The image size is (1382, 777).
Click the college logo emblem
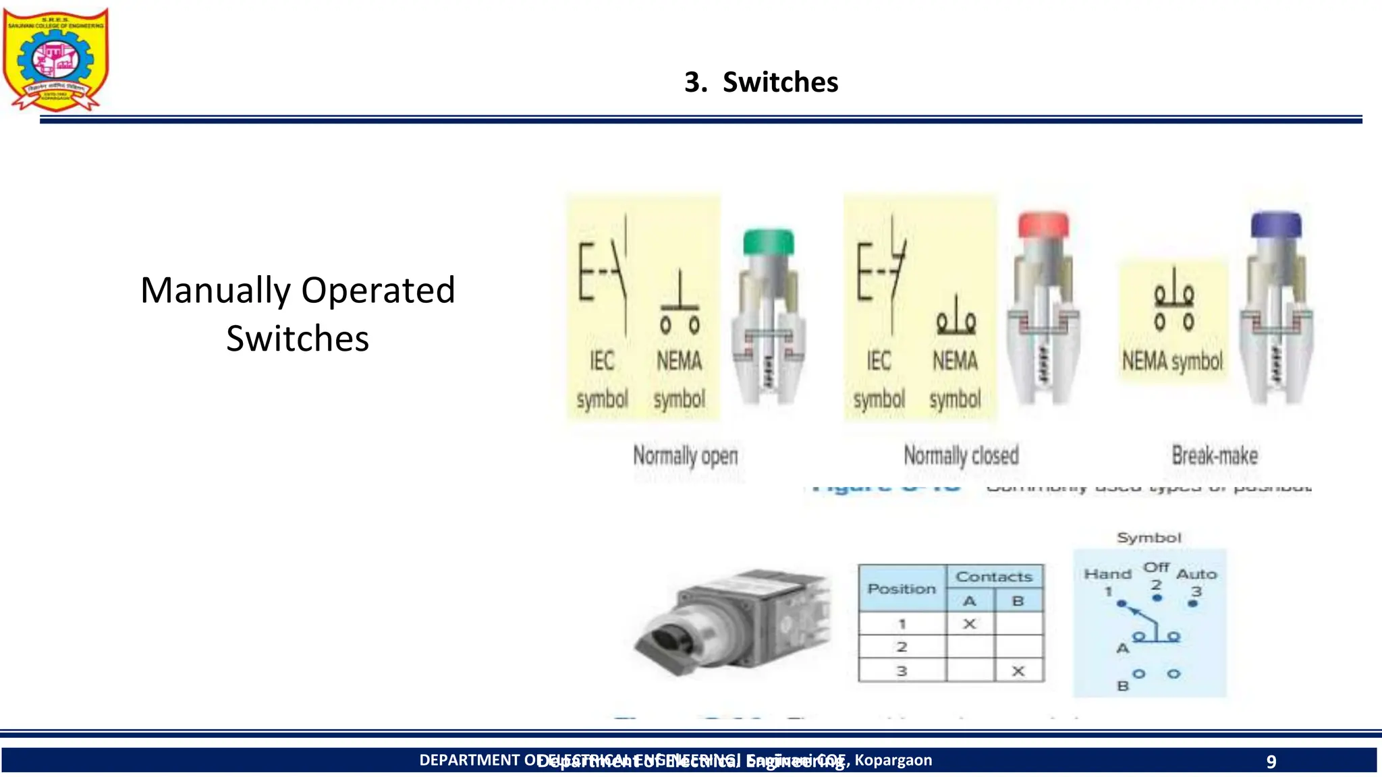click(55, 59)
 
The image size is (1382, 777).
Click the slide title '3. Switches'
click(761, 82)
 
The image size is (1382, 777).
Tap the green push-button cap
click(768, 241)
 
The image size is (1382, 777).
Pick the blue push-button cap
click(1275, 225)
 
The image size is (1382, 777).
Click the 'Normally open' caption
click(685, 457)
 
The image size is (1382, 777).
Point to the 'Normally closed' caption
click(961, 456)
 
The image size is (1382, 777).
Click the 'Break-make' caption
click(1215, 456)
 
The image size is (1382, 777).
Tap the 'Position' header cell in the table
click(902, 589)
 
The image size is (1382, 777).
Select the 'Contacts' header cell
click(994, 577)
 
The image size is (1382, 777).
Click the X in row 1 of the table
click(969, 624)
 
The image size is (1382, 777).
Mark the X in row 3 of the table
click(1018, 671)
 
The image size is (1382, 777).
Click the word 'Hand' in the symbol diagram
click(1107, 574)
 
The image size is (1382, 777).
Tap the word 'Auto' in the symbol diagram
click(1196, 574)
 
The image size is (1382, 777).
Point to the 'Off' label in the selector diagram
click(1156, 567)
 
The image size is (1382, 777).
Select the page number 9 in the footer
click(1271, 761)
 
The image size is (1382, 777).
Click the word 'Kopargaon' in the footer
click(893, 760)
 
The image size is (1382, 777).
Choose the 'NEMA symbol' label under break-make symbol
click(1172, 362)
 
